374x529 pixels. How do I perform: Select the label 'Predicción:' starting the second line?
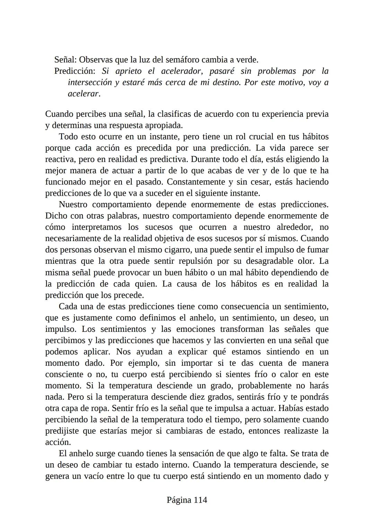click(75, 71)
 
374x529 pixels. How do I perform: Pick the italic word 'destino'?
click(226, 83)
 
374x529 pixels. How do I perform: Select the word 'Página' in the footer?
click(179, 500)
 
